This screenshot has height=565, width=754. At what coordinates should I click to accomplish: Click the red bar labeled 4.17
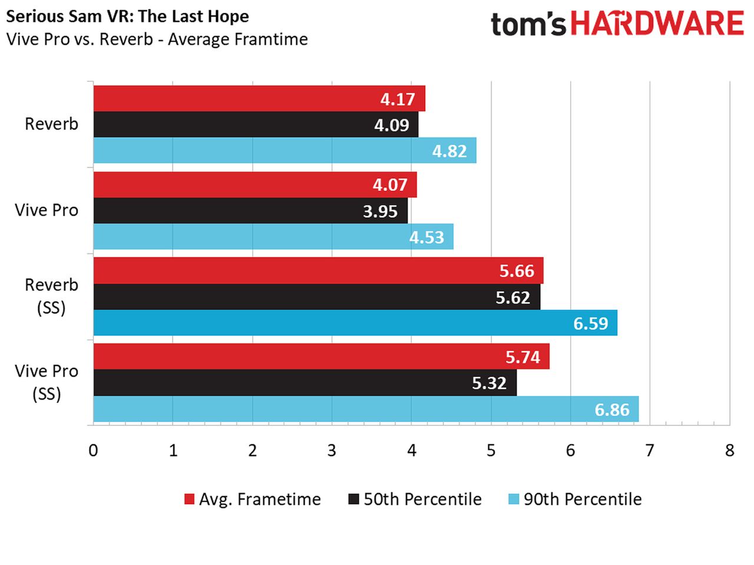259,98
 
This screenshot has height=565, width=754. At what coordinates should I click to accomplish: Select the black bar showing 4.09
256,124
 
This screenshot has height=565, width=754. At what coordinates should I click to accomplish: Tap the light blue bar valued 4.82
285,150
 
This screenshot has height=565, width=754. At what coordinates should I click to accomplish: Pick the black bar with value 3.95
250,210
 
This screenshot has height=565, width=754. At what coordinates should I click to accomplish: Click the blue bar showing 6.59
355,323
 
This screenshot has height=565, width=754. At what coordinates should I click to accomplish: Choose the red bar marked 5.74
321,356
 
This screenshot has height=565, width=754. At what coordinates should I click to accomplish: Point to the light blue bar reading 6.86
366,409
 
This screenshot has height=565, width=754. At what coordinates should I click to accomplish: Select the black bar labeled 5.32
305,382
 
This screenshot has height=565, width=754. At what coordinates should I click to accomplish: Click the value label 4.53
426,237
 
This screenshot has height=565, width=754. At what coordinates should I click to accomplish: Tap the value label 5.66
517,271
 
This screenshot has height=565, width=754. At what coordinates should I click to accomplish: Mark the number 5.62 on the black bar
512,298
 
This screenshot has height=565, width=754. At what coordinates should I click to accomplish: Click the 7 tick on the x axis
649,450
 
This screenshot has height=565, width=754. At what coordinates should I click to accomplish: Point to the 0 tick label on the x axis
93,450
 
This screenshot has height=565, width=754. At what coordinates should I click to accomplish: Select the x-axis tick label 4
412,450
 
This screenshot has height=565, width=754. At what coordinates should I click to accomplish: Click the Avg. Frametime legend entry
253,500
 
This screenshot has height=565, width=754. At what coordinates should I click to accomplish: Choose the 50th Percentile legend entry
415,500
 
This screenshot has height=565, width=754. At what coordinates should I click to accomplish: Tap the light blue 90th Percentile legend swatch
513,499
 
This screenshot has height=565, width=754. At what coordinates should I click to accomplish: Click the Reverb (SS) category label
51,296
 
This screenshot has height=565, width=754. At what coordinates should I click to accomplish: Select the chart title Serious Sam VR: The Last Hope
127,16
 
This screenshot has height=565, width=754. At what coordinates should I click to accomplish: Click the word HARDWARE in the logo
657,24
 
